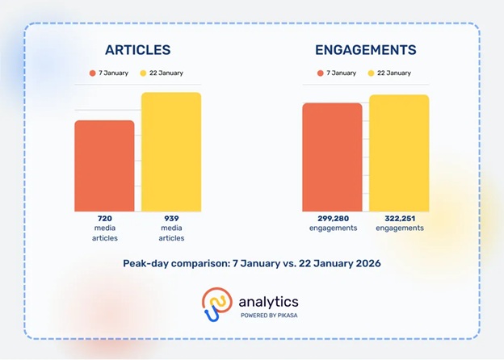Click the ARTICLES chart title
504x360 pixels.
coord(137,50)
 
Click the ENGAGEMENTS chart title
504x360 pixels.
coord(366,50)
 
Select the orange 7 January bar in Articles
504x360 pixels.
coord(104,165)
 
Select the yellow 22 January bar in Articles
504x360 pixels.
coord(171,152)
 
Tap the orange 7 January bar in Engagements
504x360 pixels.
coord(332,157)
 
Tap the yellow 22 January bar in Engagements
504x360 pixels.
coord(399,153)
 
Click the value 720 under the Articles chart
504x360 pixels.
coord(104,219)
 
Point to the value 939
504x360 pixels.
coord(171,219)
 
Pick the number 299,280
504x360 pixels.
coord(332,219)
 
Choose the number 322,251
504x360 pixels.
coord(400,219)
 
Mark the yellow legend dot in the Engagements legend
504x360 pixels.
coord(372,73)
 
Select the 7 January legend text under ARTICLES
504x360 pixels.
coord(115,73)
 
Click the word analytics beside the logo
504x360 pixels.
coord(268,301)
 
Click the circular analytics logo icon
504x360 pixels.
coord(216,304)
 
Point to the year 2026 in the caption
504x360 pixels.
coord(364,263)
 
